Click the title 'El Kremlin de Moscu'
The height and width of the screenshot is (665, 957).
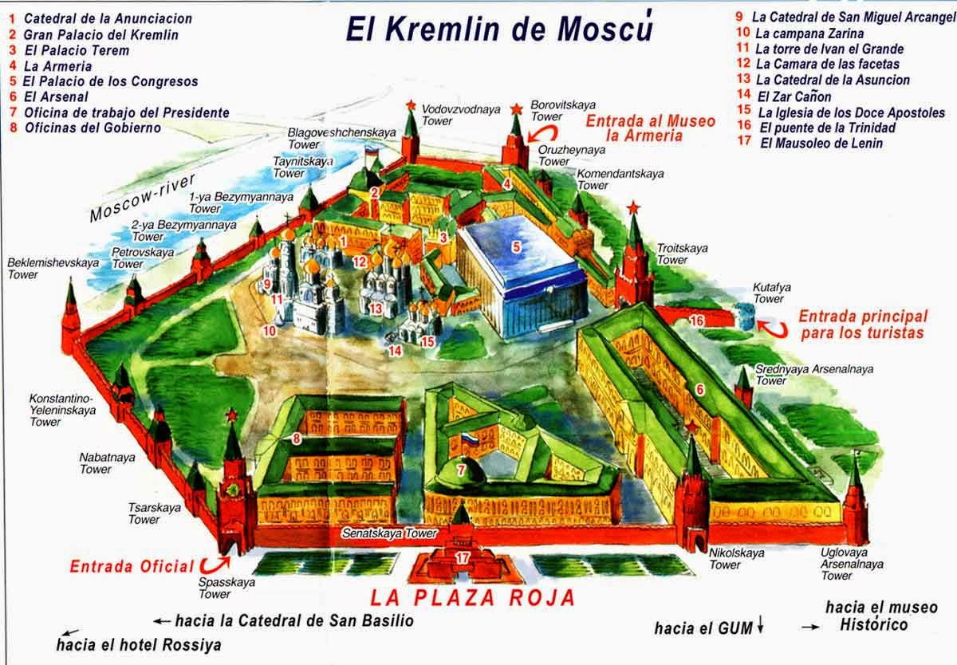pos(499,28)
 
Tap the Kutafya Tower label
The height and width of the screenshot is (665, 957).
pos(769,293)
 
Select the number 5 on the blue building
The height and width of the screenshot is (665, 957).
pos(516,247)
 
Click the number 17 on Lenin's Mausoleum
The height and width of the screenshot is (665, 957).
pos(462,558)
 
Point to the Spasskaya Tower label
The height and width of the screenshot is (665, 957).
pos(215,588)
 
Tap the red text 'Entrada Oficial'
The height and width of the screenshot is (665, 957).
pos(132,567)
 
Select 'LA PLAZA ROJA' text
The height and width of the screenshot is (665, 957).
pos(472,598)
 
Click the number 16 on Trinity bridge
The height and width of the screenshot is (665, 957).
pos(696,321)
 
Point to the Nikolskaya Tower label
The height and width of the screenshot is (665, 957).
pos(726,558)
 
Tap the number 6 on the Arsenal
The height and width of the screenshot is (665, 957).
pos(699,390)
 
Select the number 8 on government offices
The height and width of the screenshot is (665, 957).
pos(296,438)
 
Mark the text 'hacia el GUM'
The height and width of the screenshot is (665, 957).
pos(703,628)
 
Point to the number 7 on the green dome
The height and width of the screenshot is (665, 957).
pos(460,470)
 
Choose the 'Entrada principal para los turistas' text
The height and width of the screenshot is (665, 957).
pos(863,324)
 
